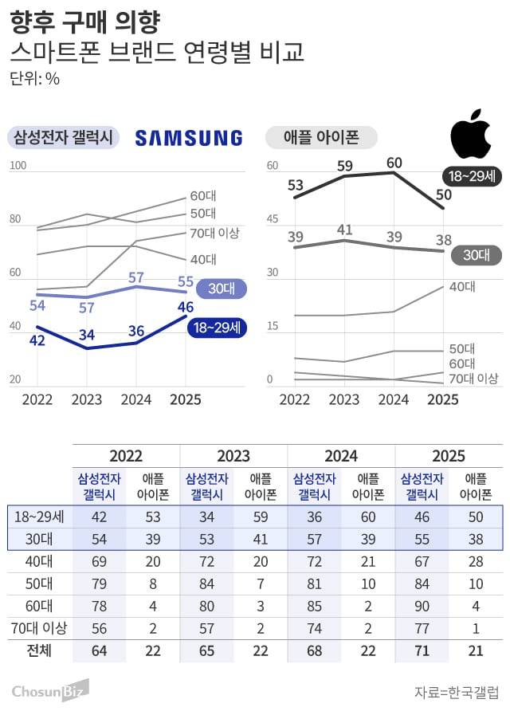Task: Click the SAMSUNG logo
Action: tap(189, 138)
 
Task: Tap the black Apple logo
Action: tap(471, 137)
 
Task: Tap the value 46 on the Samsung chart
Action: tap(186, 307)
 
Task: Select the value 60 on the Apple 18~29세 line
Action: tap(394, 163)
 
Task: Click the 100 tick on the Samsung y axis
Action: tap(18, 167)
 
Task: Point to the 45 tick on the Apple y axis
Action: tap(273, 220)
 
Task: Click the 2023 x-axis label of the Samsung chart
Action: tap(87, 399)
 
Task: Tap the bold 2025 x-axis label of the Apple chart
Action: tap(443, 399)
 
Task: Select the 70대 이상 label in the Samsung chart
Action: tap(214, 233)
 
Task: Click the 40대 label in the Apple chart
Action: tap(462, 287)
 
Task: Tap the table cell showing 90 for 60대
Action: tap(422, 605)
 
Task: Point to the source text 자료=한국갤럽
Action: tap(457, 691)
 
